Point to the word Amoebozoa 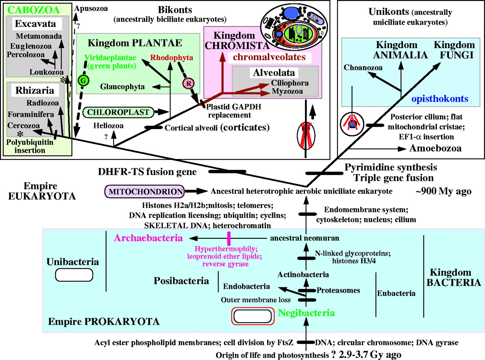pos(435,148)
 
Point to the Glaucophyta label pos(123,87)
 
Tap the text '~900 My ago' pos(443,191)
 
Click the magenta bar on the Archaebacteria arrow pos(229,238)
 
